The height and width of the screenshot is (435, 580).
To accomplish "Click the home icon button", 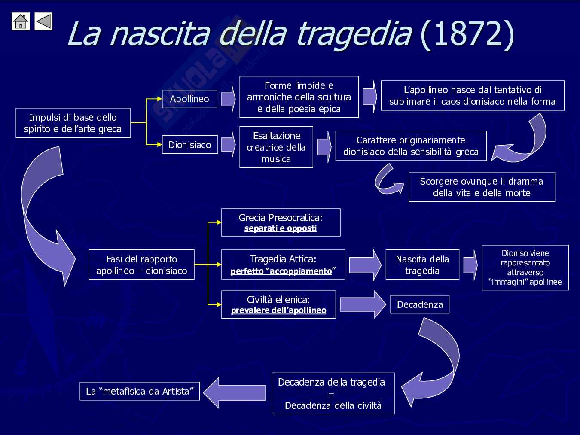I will pyautogui.click(x=21, y=21).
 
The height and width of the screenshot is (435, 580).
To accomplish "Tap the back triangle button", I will pyautogui.click(x=43, y=21).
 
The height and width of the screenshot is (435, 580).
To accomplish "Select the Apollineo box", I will pyautogui.click(x=189, y=99).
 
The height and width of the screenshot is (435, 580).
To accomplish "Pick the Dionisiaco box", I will pyautogui.click(x=189, y=145).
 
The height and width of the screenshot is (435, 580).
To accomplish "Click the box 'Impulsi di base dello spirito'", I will pyautogui.click(x=73, y=123).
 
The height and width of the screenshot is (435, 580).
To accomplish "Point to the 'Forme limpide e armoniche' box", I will pyautogui.click(x=299, y=97).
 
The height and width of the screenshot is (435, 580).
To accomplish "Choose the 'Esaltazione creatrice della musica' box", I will pyautogui.click(x=276, y=147).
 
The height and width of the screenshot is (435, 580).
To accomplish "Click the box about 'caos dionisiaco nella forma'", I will pyautogui.click(x=472, y=96).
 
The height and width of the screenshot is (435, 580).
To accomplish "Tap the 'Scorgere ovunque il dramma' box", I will pyautogui.click(x=481, y=187).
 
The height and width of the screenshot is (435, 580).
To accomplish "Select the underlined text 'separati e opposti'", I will pyautogui.click(x=280, y=228).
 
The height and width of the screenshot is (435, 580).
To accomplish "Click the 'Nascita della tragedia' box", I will pyautogui.click(x=422, y=265).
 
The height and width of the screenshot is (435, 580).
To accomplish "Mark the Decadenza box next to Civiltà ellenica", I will pyautogui.click(x=420, y=304).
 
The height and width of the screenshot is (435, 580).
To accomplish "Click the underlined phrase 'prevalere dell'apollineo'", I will pyautogui.click(x=278, y=310).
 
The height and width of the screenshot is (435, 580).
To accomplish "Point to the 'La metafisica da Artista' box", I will pyautogui.click(x=140, y=391).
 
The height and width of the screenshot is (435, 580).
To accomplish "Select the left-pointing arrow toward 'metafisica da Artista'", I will pyautogui.click(x=234, y=392).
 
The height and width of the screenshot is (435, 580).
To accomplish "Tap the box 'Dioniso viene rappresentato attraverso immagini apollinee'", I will pyautogui.click(x=525, y=268).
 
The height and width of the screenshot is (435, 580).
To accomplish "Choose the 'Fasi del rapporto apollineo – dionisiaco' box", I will pyautogui.click(x=141, y=265).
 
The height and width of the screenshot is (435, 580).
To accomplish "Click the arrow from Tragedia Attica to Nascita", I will pyautogui.click(x=365, y=265).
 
